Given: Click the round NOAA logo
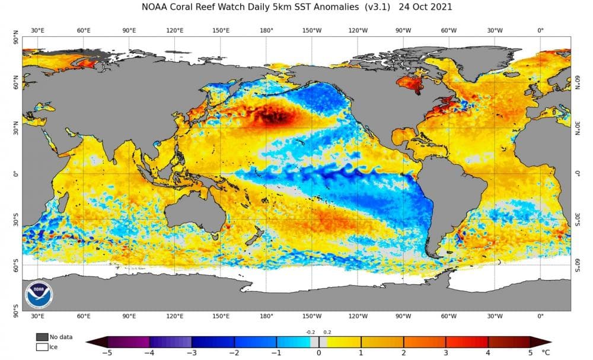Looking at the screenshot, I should (39, 294).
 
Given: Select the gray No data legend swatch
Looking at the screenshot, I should (42, 337).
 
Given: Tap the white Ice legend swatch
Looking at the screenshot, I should (42, 346).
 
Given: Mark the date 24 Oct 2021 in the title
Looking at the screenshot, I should (425, 7).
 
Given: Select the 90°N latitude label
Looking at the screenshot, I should (16, 40).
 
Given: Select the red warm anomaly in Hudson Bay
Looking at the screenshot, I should (409, 83).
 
